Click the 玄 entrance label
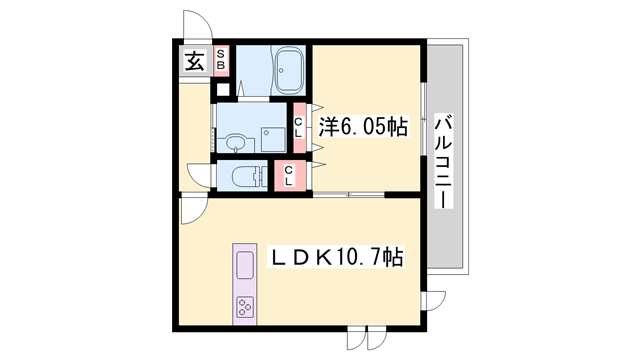coord(195,61)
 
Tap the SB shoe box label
coord(221,60)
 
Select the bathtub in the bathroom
coord(289,71)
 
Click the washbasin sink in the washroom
coord(235,143)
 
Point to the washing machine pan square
coord(273,139)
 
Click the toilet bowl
coord(245,176)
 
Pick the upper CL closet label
coord(299,127)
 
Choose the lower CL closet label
coord(289,176)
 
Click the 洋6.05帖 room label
coord(363,126)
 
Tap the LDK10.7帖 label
coord(336,257)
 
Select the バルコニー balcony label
coord(444,162)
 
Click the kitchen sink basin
coord(244,265)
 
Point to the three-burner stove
coord(244,307)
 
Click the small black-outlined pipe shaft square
coord(222,89)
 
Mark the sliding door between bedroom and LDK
coord(349,195)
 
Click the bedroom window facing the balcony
coord(423,119)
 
